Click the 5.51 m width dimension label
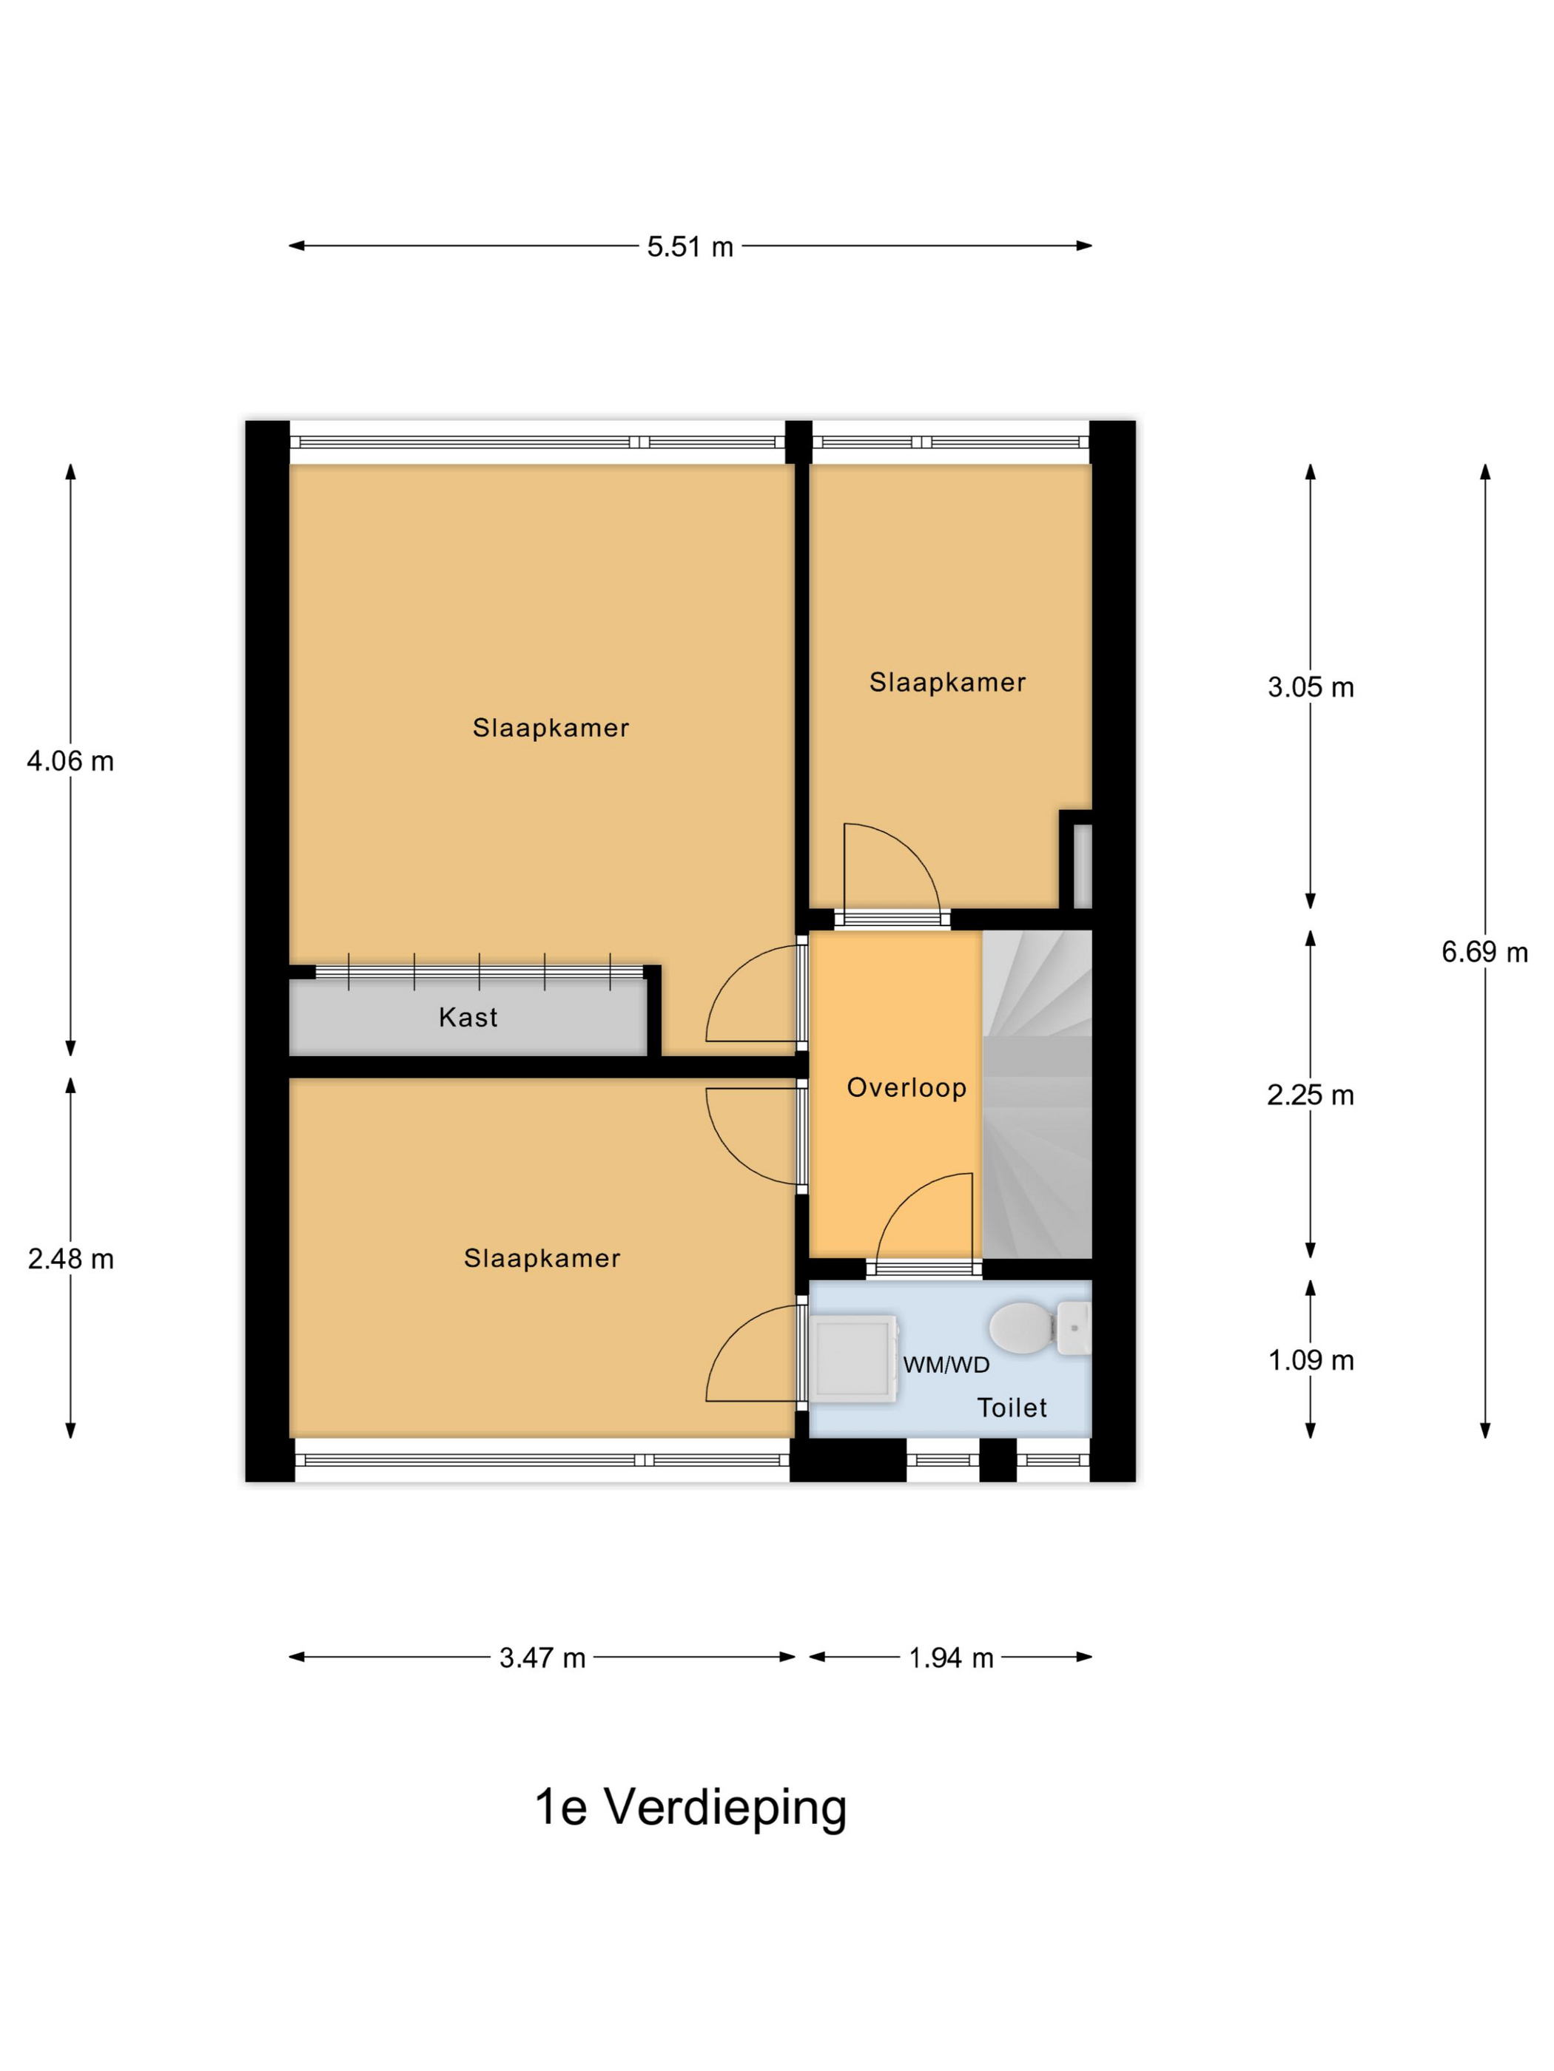(690, 246)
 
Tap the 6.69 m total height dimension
(1484, 952)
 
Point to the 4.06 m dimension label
(70, 761)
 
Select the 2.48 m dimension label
(70, 1260)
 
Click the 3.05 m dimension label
(1311, 687)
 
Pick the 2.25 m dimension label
(1311, 1095)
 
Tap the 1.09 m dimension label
(1311, 1360)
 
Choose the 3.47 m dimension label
(542, 1684)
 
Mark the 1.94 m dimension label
(951, 1684)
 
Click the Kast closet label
(468, 1018)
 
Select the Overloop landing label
(906, 1088)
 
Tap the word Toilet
(1012, 1408)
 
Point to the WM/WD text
(946, 1365)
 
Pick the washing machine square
(853, 1359)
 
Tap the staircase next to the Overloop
(1037, 1095)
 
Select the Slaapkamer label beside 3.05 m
(947, 683)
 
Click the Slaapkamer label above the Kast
(551, 728)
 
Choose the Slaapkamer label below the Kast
(542, 1258)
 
